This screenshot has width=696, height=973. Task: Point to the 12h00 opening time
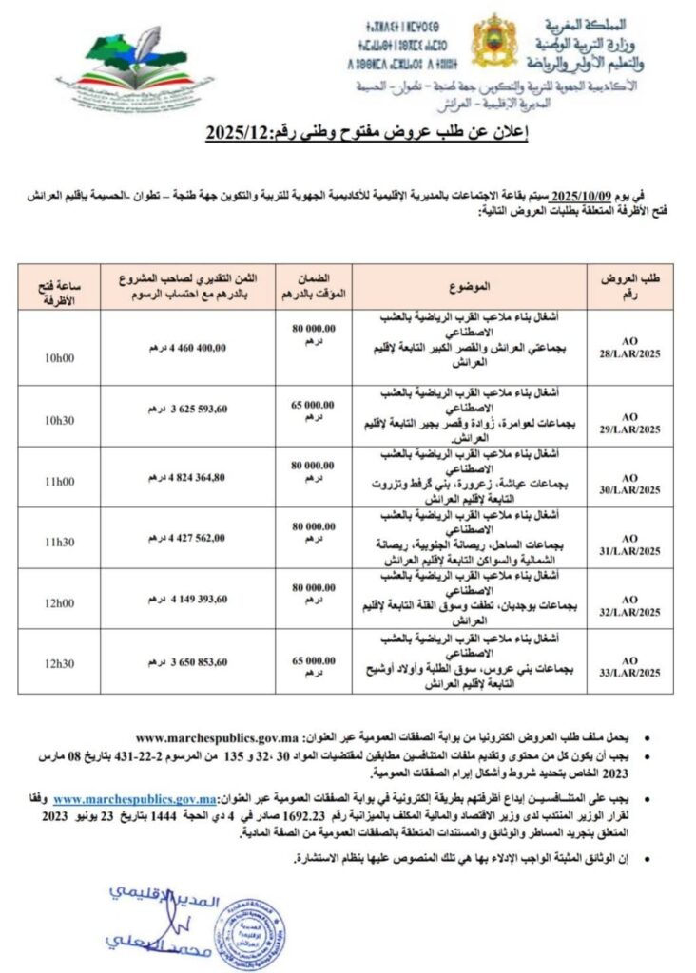coord(59,603)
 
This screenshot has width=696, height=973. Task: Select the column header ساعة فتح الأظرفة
coord(59,284)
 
